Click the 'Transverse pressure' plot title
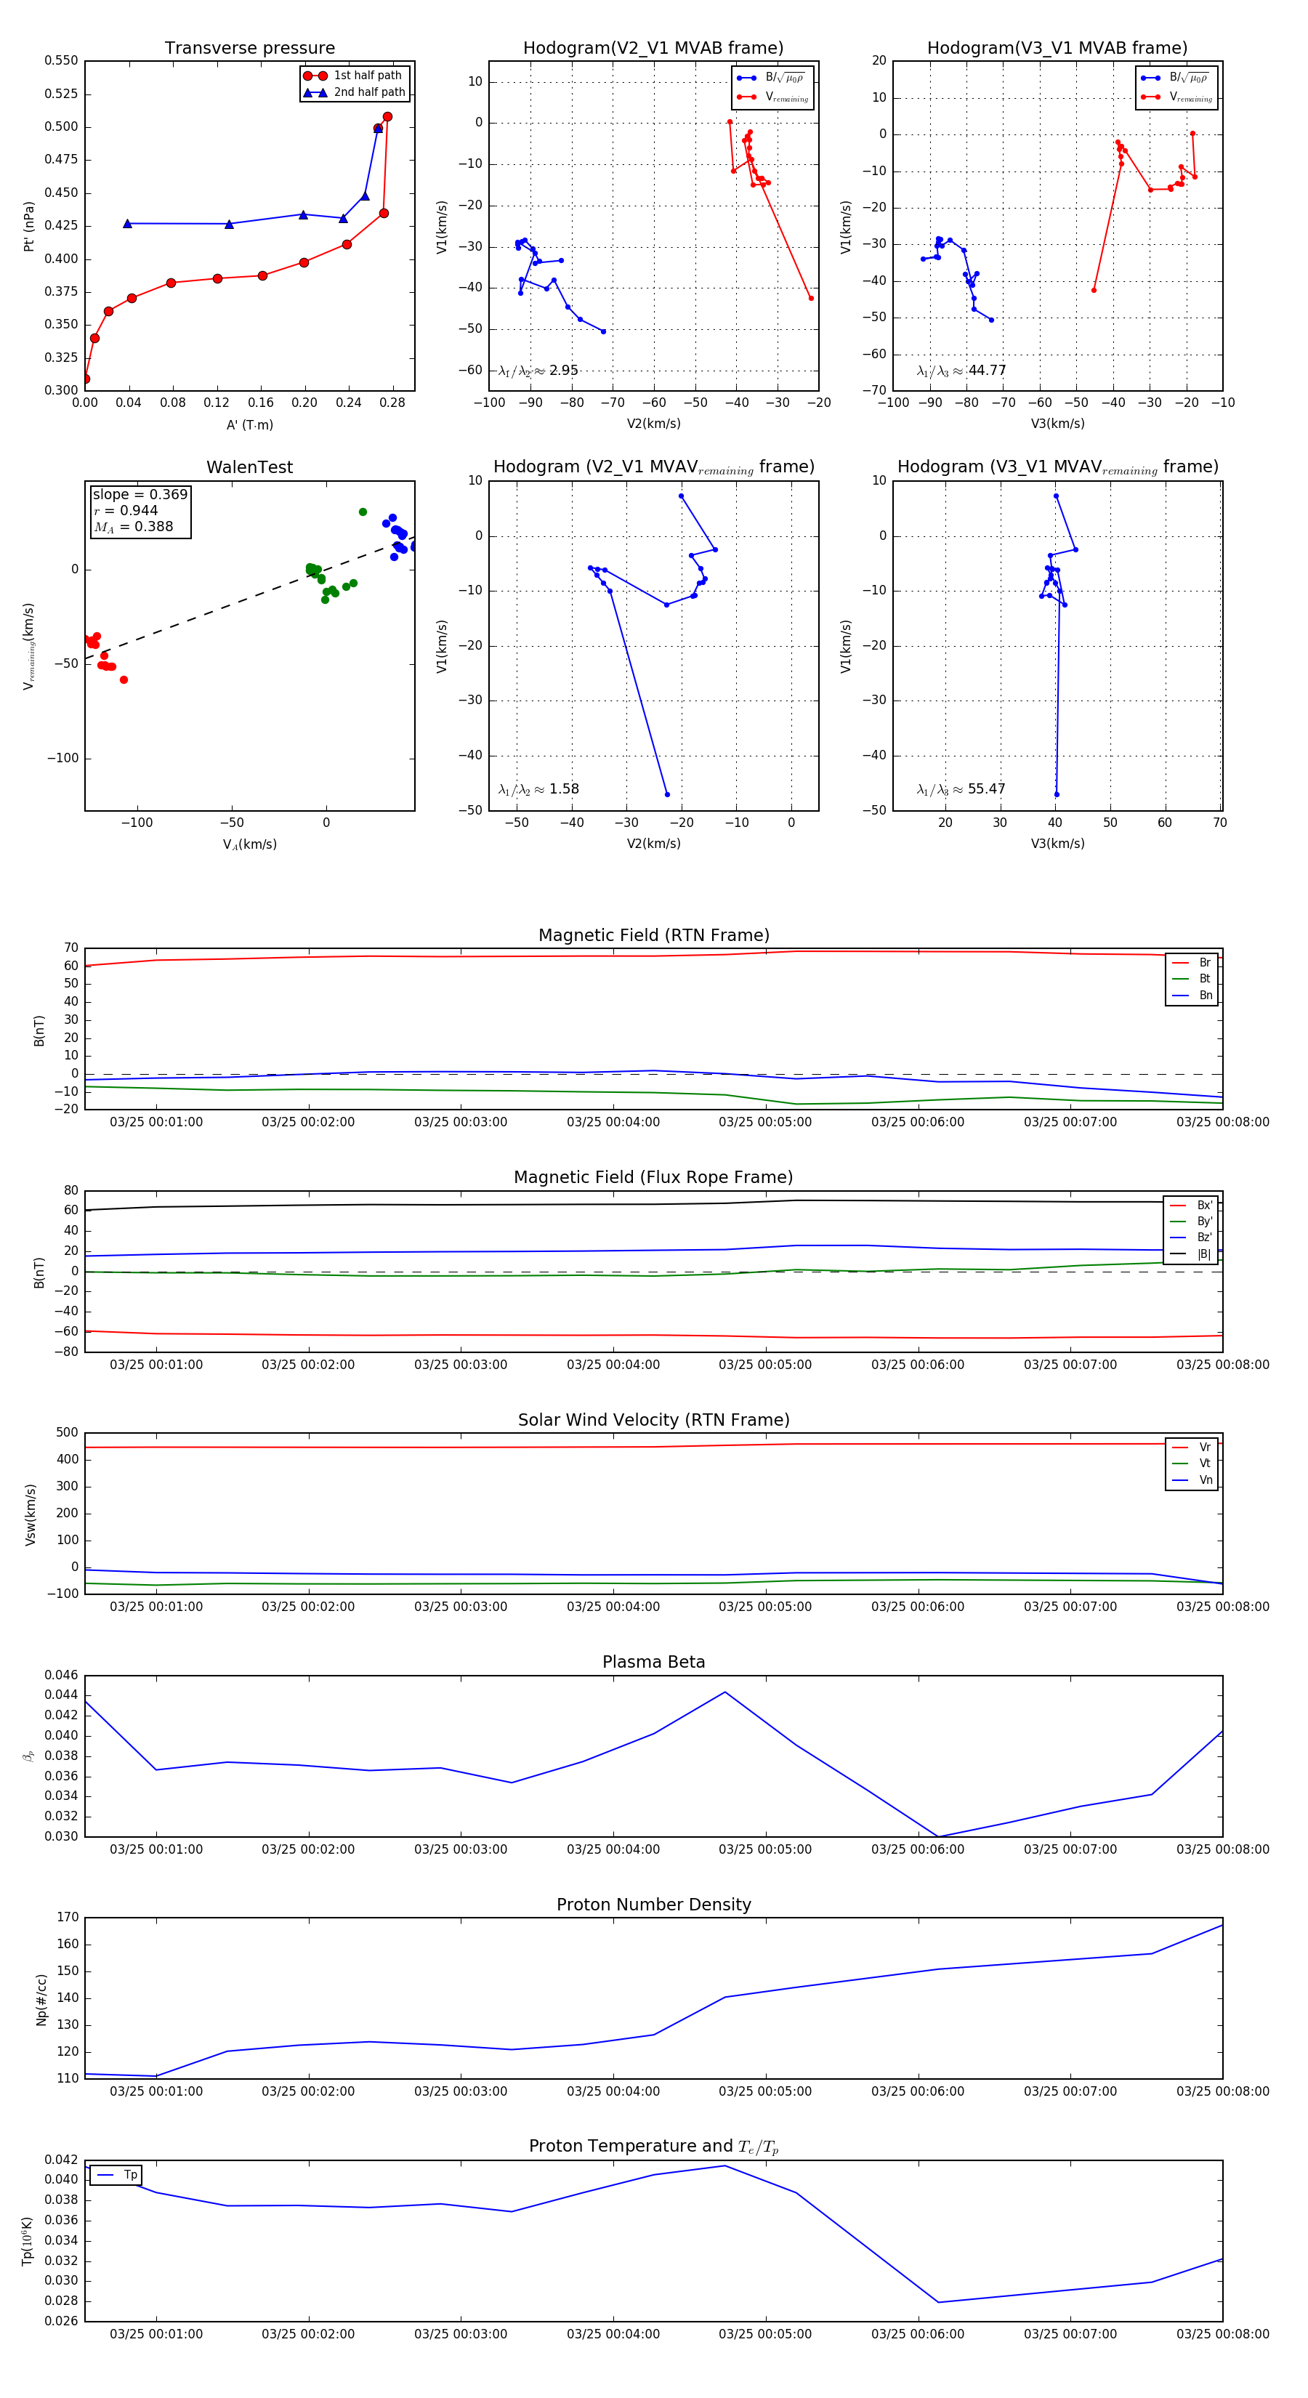click(x=249, y=49)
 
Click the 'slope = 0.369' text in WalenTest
click(x=140, y=494)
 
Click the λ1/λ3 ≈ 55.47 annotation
click(x=961, y=789)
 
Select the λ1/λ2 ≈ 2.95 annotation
click(x=538, y=371)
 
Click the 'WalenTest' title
click(x=249, y=467)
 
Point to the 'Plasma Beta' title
click(x=653, y=1662)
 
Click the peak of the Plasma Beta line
click(x=725, y=1692)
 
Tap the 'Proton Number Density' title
click(x=653, y=1905)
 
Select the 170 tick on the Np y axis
click(x=67, y=1918)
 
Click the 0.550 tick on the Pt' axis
click(x=62, y=60)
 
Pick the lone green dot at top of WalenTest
click(x=363, y=512)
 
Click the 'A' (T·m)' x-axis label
click(x=249, y=424)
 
